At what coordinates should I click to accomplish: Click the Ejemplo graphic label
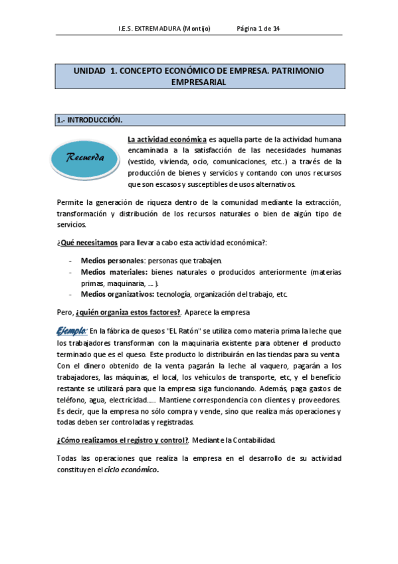(71, 330)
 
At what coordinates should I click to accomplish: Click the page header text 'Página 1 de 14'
(258, 29)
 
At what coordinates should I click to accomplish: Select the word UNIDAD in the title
(89, 70)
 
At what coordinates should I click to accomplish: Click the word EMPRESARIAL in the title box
(199, 82)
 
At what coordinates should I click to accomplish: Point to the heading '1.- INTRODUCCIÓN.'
(90, 120)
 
